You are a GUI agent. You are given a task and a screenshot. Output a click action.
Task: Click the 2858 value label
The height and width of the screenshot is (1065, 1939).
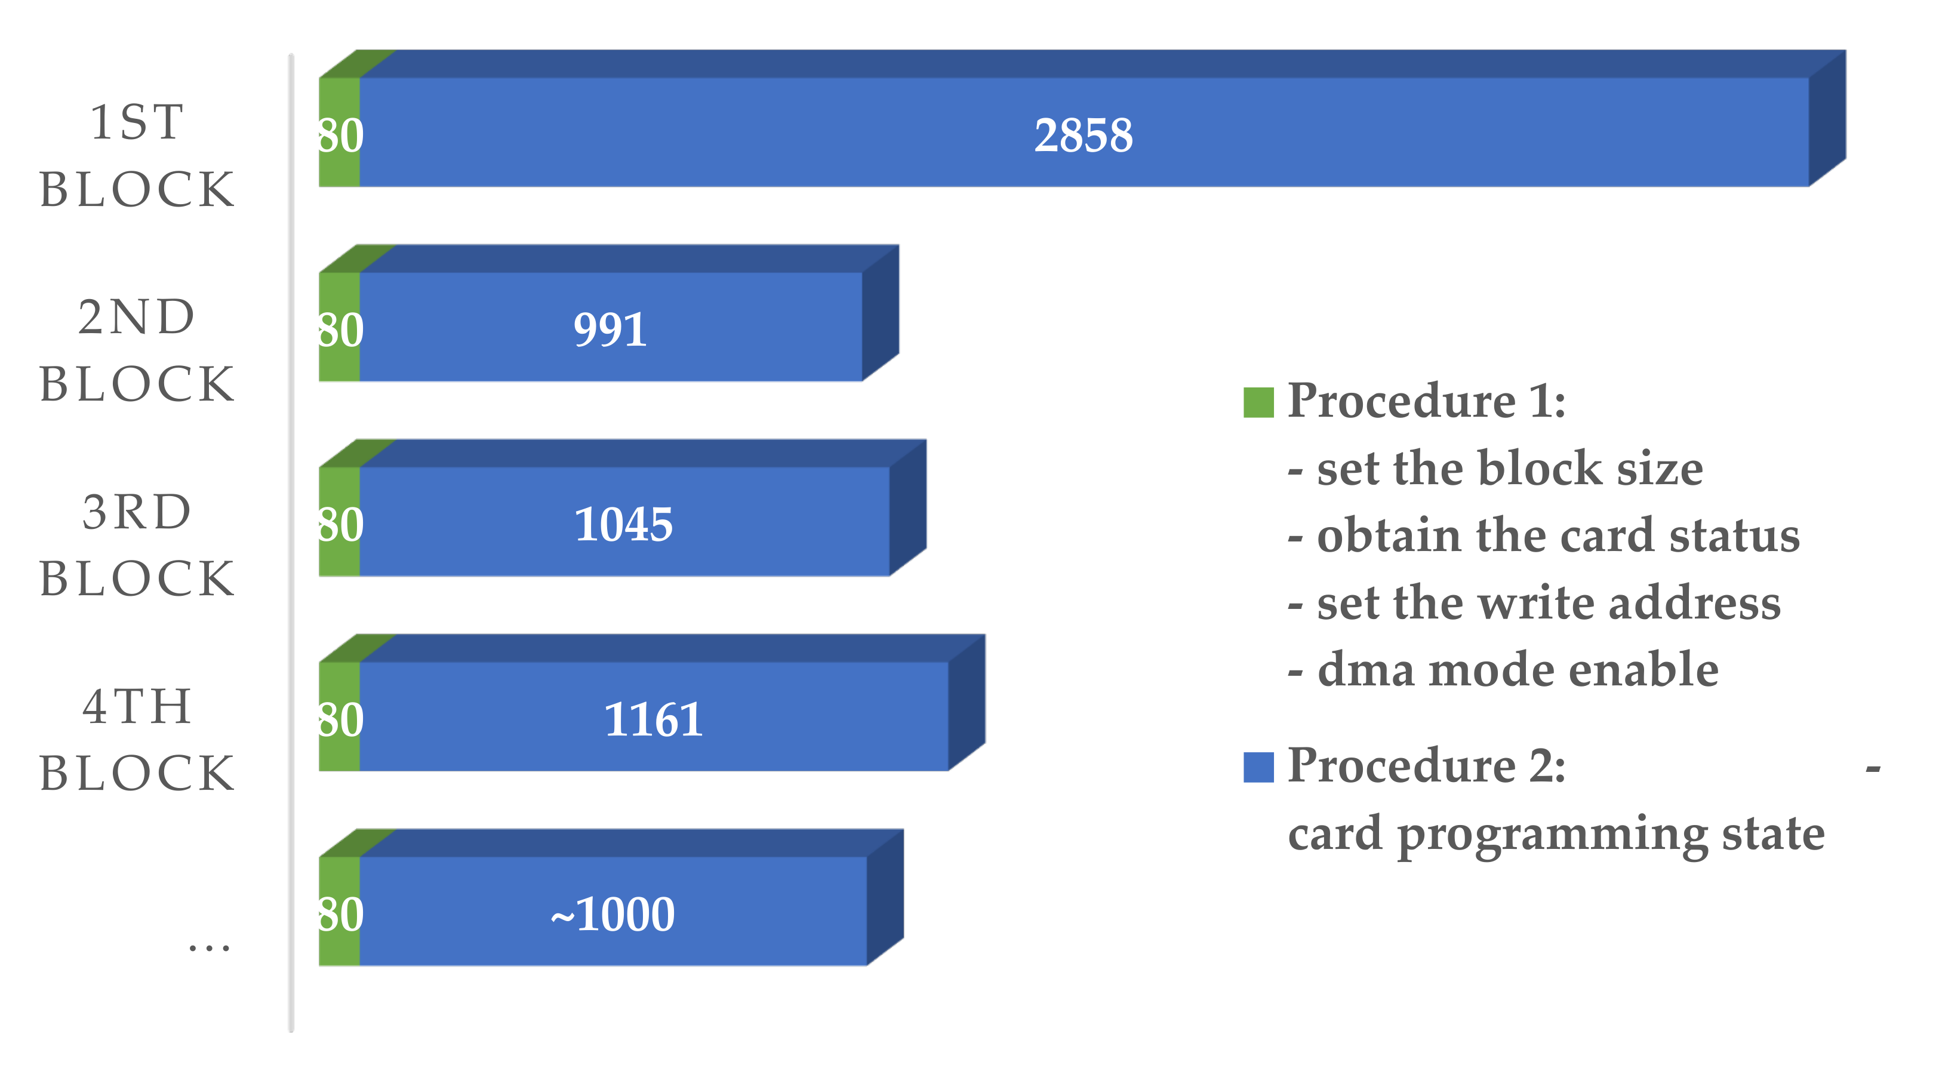(1083, 136)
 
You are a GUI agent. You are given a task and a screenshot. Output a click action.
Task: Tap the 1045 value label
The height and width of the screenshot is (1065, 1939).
(623, 525)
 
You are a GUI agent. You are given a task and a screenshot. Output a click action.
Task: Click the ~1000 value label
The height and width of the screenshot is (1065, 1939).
(613, 915)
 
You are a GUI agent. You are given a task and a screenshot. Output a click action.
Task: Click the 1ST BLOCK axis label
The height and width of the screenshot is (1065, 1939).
(137, 155)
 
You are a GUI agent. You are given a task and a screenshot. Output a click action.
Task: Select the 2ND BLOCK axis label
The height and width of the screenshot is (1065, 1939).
(137, 350)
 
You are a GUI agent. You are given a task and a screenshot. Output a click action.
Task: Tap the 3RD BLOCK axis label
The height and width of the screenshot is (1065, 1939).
(137, 545)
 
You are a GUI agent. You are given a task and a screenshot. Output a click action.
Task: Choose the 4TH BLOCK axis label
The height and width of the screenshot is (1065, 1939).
(137, 740)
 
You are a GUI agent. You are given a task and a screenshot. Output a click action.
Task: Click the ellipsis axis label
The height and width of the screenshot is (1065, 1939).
(210, 947)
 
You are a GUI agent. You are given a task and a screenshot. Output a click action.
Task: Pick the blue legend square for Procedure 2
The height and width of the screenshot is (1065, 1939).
(1258, 767)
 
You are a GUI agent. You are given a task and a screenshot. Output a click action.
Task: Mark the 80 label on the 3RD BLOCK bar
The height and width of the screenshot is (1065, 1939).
(340, 525)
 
